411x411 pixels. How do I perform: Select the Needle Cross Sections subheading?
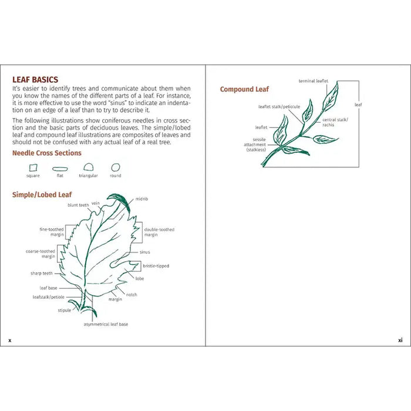tap(47, 153)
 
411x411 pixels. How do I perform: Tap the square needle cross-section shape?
tap(33, 167)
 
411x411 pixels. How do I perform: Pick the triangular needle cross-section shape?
tap(89, 167)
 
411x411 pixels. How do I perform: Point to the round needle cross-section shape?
tap(116, 167)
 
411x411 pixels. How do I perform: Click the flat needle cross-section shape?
tap(60, 169)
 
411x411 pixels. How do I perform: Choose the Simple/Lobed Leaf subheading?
tap(42, 194)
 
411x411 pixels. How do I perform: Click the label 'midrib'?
tap(142, 199)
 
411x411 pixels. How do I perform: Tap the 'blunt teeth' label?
tap(78, 206)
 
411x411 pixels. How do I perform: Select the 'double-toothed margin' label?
tap(159, 232)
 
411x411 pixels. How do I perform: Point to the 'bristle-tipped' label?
tap(156, 266)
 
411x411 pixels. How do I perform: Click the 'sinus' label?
tap(144, 252)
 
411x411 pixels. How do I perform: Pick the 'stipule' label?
tap(64, 309)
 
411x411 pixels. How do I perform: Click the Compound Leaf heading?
tap(244, 89)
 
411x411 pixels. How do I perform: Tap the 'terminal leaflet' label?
tap(314, 81)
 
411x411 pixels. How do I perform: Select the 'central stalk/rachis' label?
tap(335, 122)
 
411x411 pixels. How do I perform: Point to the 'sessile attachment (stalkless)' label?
tap(255, 144)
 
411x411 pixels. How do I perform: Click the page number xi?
tap(400, 339)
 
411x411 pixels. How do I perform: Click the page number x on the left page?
tap(9, 339)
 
